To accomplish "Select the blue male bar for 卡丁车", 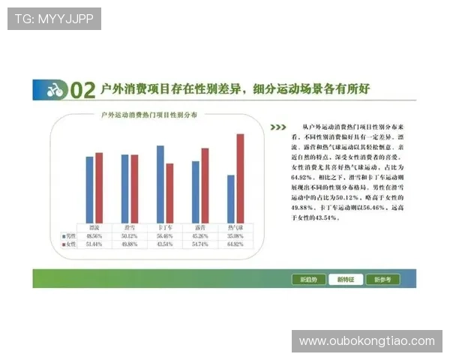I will click(160, 183).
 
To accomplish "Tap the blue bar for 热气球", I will click(231, 198).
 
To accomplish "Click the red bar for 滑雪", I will click(134, 187).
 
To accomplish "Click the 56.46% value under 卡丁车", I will click(164, 235).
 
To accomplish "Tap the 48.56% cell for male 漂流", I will click(94, 235).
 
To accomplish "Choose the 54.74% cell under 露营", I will click(199, 244).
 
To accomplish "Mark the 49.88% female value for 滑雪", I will click(130, 244).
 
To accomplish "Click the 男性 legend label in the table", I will click(70, 235).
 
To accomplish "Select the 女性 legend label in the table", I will click(70, 244).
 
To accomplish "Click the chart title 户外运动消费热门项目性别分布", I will click(150, 115).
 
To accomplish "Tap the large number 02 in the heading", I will click(82, 91).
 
